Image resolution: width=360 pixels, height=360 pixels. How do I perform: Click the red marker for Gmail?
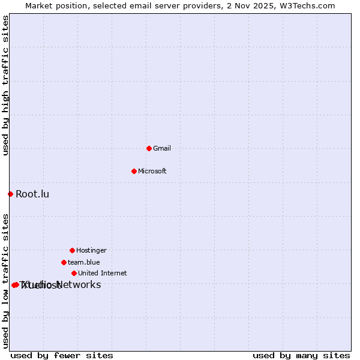click(x=149, y=148)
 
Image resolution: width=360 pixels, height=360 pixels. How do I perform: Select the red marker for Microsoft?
click(x=134, y=171)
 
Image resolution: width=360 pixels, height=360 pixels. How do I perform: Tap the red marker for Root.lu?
click(x=10, y=194)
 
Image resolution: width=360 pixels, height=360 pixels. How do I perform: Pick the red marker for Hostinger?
click(x=72, y=250)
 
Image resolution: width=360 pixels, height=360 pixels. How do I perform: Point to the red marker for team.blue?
click(x=64, y=262)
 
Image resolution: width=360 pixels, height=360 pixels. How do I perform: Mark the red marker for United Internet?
click(x=74, y=273)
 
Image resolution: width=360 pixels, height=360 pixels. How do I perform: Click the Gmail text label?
click(x=162, y=148)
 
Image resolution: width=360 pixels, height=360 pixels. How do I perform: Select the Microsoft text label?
click(x=152, y=171)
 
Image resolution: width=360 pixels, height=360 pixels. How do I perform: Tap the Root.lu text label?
click(x=32, y=194)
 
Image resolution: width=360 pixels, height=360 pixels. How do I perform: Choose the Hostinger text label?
click(x=91, y=250)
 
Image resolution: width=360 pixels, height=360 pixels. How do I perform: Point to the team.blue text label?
click(x=83, y=262)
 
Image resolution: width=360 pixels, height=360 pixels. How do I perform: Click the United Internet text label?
click(x=102, y=273)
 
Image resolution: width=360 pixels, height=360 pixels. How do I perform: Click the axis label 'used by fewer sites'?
click(x=62, y=355)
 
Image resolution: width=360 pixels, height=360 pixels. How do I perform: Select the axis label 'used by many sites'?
click(x=301, y=355)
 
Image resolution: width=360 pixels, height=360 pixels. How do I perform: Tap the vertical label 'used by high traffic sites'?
click(x=5, y=86)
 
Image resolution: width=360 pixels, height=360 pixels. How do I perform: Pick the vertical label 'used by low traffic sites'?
click(x=5, y=281)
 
